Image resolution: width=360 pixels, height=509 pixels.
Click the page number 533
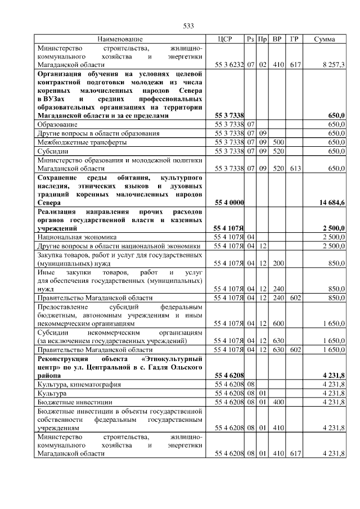pos(188,26)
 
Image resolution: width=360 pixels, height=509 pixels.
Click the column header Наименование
pos(119,39)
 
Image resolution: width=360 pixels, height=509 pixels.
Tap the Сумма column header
pos(325,39)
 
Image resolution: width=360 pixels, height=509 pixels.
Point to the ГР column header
pos(294,39)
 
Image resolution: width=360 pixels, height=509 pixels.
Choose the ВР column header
pos(277,39)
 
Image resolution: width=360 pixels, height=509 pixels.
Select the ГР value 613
pos(294,168)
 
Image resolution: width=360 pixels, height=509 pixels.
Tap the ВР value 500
pos(277,143)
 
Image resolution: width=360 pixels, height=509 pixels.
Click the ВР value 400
pos(277,403)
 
